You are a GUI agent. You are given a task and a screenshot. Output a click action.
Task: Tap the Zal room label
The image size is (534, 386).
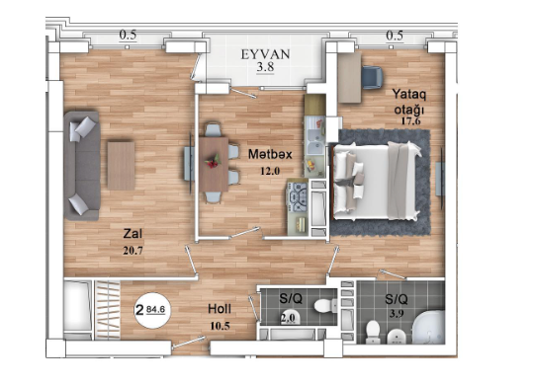[133, 234]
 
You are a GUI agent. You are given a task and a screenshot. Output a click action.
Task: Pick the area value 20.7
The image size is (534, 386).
[133, 250]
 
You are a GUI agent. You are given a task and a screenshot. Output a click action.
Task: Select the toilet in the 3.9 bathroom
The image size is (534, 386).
[373, 329]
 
